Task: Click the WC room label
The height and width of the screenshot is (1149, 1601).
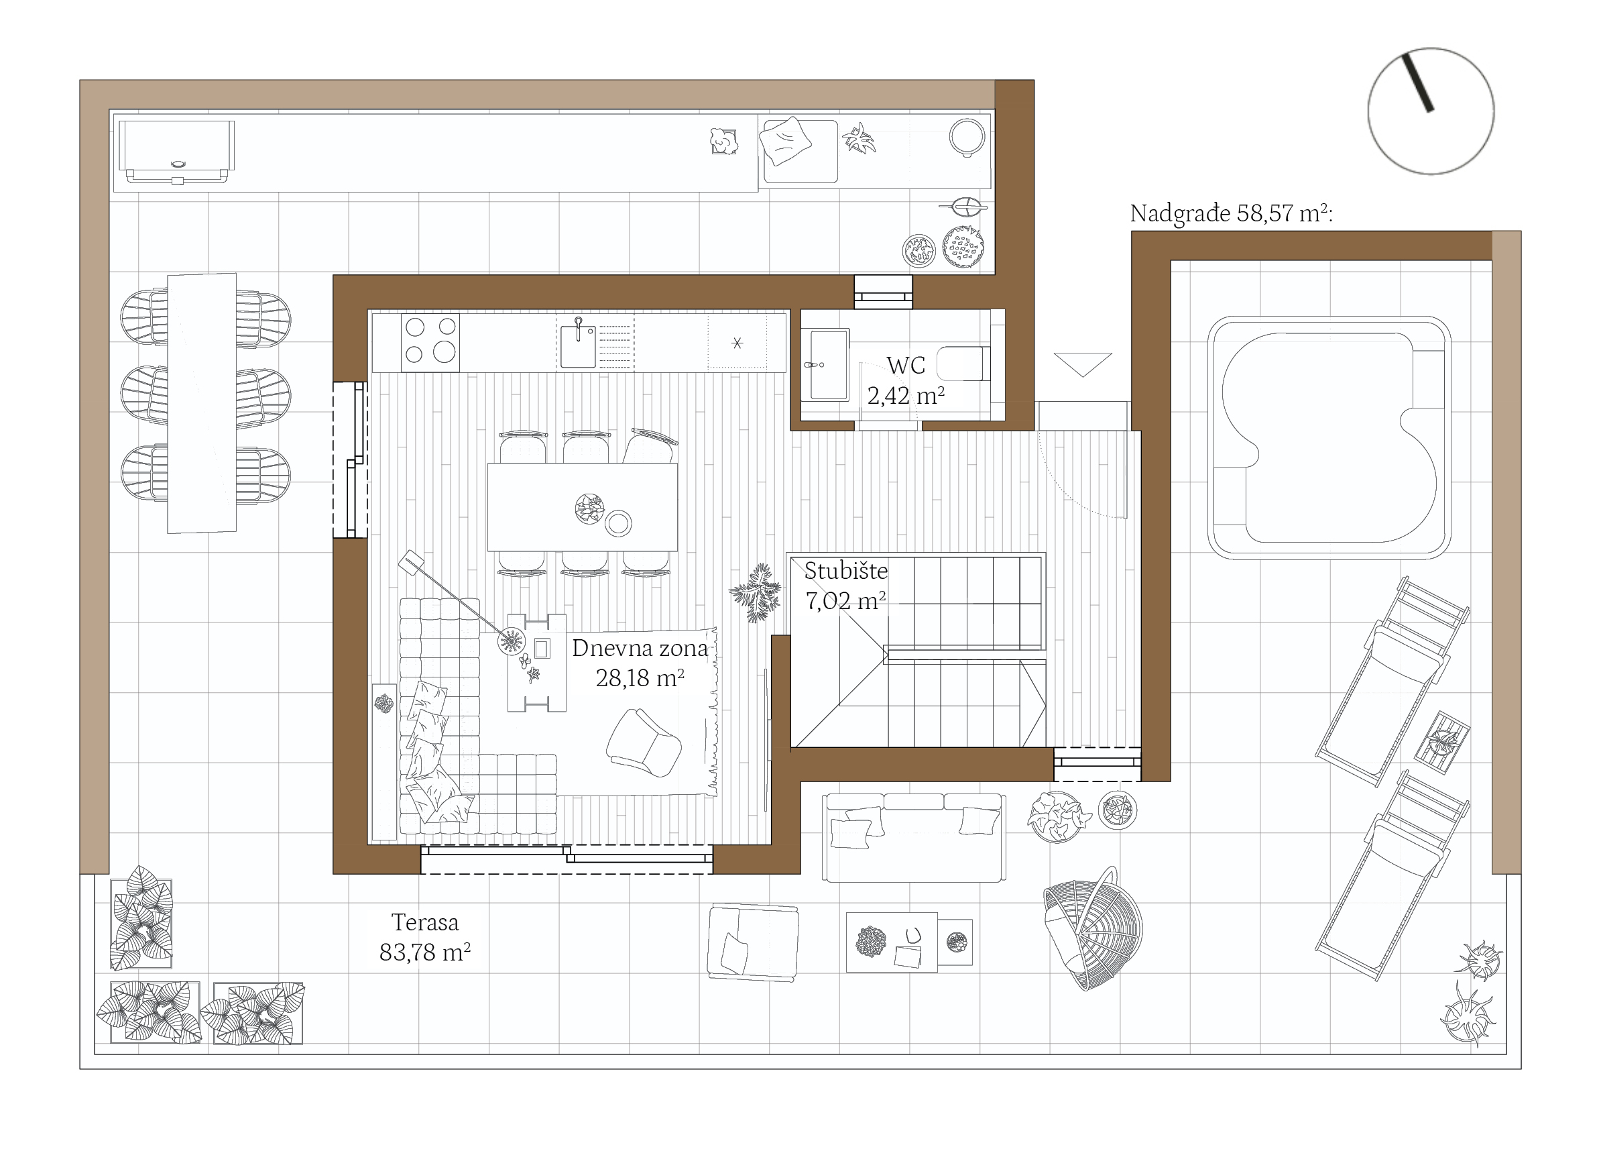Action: coord(906,365)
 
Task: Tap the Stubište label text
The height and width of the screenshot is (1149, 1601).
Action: coord(845,570)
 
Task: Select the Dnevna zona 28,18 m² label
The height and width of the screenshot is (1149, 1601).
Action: coord(640,663)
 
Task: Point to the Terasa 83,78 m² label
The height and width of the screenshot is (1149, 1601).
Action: coord(425,937)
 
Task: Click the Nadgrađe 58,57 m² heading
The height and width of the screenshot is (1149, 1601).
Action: coord(1231,213)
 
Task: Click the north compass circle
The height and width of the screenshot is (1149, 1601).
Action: coord(1431,111)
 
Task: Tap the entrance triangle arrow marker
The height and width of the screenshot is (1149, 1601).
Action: coord(1083,364)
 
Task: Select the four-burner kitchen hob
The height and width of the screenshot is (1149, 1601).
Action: coord(430,343)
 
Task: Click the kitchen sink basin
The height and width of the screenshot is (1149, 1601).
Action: coord(578,346)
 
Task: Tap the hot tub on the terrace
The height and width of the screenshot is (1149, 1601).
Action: coord(1329,438)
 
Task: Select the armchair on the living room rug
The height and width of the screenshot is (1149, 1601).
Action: coord(644,743)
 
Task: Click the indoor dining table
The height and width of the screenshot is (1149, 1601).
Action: coord(583,507)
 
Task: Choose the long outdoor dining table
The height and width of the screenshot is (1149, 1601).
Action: coord(202,402)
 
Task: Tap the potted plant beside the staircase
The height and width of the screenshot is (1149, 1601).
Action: coord(756,592)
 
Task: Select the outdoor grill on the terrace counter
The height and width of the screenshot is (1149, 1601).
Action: coord(176,152)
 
